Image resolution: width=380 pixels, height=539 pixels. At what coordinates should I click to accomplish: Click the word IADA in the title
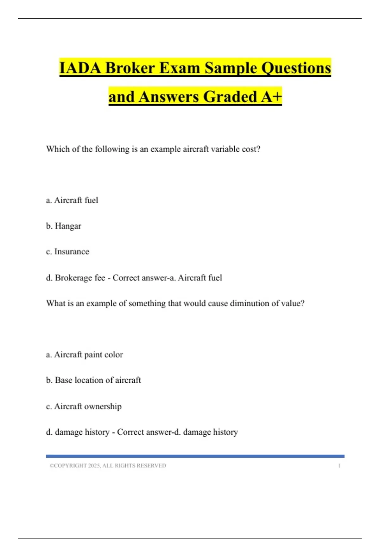[80, 68]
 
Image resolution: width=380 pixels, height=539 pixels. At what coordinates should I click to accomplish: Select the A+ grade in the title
[271, 97]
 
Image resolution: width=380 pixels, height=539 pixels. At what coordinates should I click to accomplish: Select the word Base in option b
[64, 380]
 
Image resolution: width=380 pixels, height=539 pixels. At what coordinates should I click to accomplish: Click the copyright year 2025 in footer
[94, 466]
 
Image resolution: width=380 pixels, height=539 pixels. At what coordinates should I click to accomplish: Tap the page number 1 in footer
[339, 466]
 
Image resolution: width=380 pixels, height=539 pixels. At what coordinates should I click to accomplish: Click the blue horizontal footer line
[195, 456]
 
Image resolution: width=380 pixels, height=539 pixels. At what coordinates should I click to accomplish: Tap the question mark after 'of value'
[302, 303]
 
